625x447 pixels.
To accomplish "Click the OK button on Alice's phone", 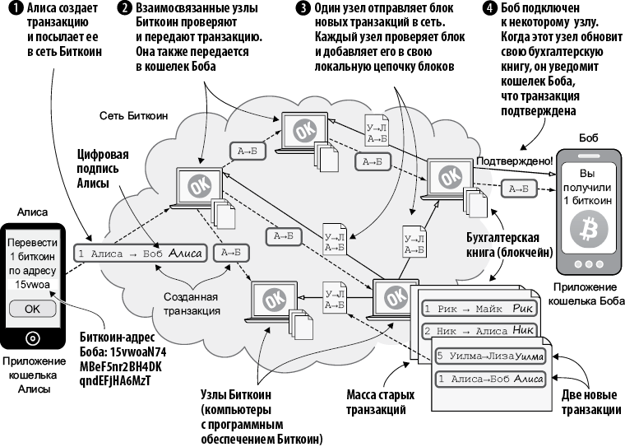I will coord(32,309).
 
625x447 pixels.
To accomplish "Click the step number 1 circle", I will coord(9,7).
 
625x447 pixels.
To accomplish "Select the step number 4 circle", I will coord(490,7).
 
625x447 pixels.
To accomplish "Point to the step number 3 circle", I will coord(303,7).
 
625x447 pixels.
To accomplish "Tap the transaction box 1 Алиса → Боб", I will coord(137,254).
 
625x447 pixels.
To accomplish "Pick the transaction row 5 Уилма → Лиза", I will coord(490,356).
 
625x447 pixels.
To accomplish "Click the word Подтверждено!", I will coord(513,161).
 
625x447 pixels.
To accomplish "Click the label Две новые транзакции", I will coord(594,403).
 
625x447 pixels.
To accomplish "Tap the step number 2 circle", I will coord(124,7).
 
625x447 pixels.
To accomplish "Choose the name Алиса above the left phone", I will coord(32,212).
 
